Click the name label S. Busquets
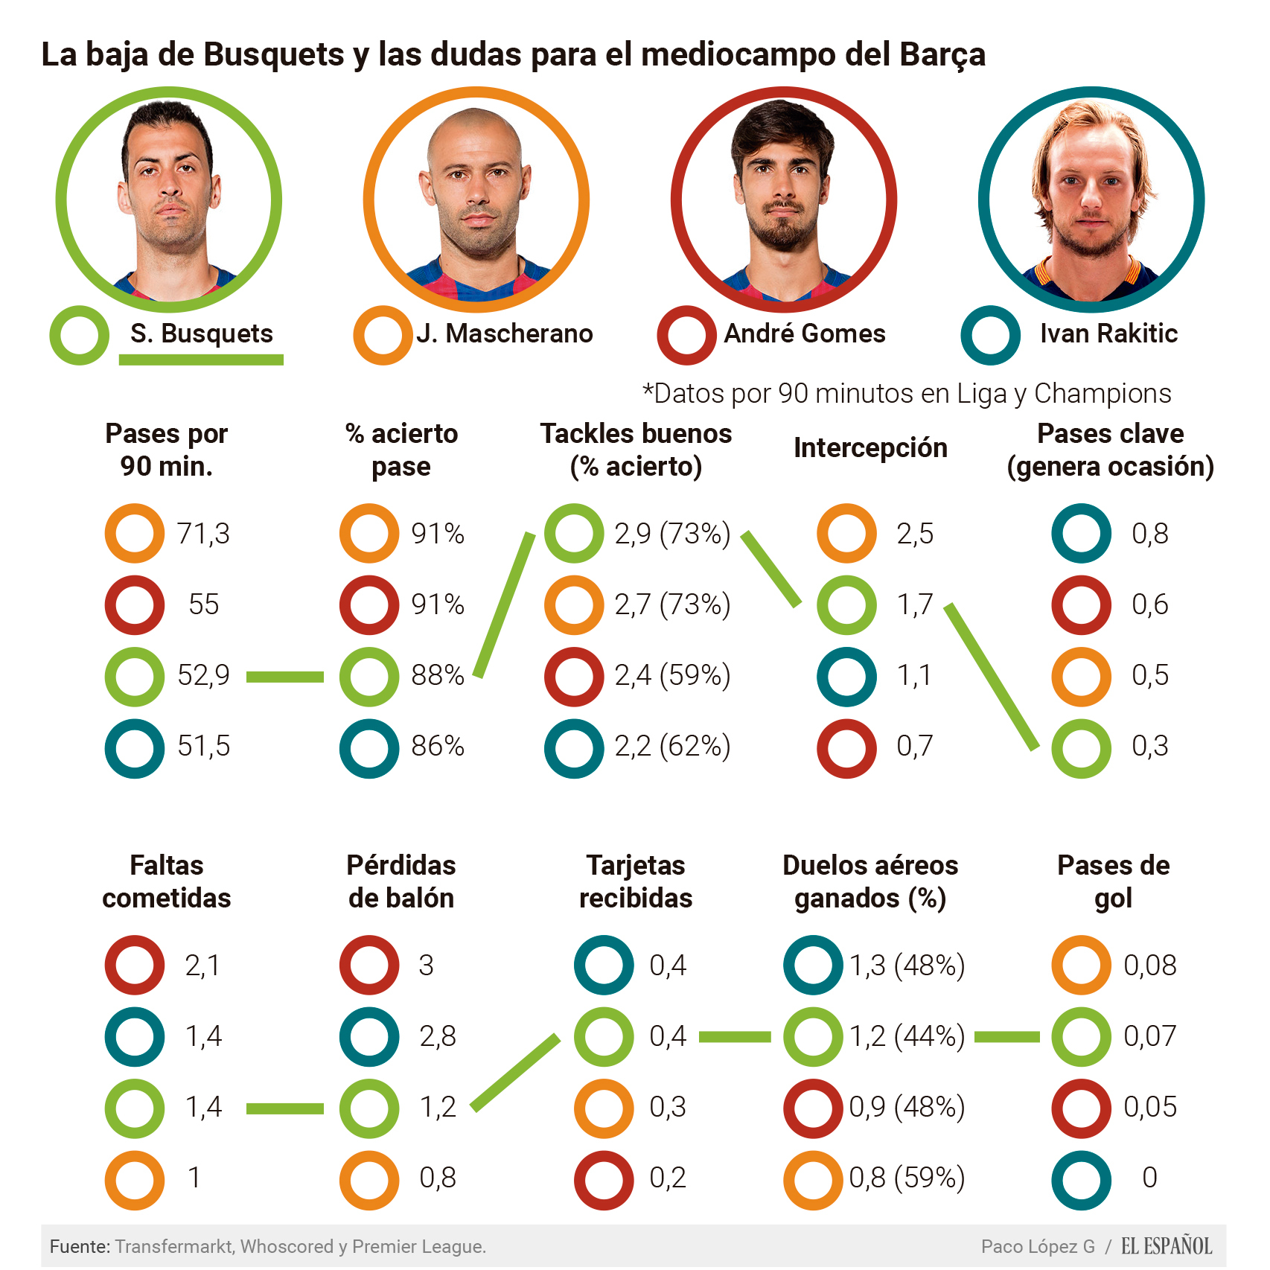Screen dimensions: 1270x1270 tap(201, 334)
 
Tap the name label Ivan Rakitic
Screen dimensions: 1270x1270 tap(1108, 334)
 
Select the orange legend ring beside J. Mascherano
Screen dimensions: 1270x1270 tap(383, 335)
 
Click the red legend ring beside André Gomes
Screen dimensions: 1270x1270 tap(686, 335)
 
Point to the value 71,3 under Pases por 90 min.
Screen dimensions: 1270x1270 tap(203, 534)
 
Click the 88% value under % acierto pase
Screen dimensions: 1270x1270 tap(438, 675)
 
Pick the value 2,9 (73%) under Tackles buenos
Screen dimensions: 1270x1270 tap(672, 534)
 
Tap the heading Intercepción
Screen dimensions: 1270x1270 tap(870, 448)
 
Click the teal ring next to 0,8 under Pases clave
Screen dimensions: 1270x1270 tap(1081, 534)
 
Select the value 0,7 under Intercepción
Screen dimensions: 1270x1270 tap(914, 746)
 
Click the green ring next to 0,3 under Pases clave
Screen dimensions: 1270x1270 tap(1081, 748)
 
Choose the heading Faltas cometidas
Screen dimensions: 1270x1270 tap(167, 881)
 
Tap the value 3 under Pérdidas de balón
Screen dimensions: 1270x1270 tap(426, 966)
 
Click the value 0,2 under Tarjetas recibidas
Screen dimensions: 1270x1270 tap(668, 1178)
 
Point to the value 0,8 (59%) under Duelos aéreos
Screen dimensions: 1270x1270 tap(907, 1178)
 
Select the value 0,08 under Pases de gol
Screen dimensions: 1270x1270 tap(1149, 966)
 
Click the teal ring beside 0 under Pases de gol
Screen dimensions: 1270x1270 tap(1081, 1180)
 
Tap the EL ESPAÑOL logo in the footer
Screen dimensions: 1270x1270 tap(1167, 1246)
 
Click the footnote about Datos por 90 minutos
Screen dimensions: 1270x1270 tap(907, 393)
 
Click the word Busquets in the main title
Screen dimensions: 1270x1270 tap(273, 54)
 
